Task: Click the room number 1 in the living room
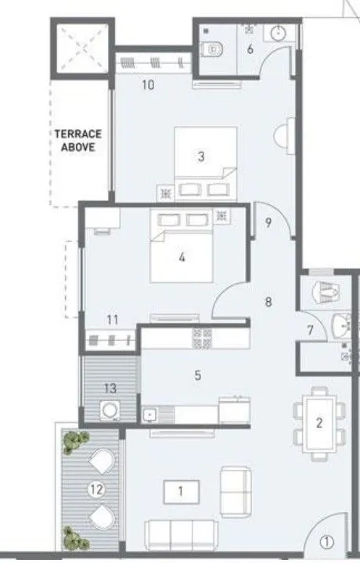pos(180,492)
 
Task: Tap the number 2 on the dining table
pos(319,423)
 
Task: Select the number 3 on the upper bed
pos(201,156)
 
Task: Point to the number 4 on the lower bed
pos(182,256)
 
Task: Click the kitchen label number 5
pos(198,375)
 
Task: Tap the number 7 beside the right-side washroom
pos(310,332)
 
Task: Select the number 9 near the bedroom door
pos(268,223)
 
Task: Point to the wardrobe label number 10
pos(148,84)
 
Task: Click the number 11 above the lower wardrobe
pos(113,319)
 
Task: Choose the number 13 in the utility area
pos(109,389)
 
